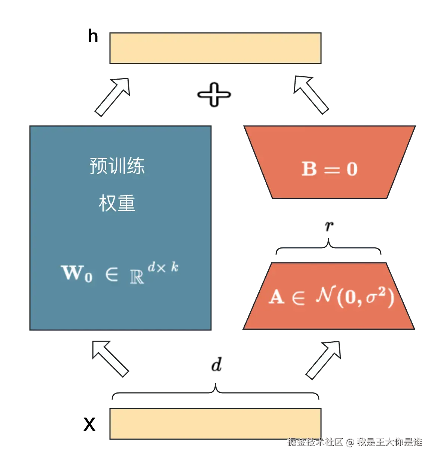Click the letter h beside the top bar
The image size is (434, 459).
(x=93, y=36)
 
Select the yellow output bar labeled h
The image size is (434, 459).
(x=216, y=48)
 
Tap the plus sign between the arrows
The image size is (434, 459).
(x=214, y=95)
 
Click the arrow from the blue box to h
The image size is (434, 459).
(x=113, y=97)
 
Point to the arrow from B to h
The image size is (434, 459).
(x=311, y=95)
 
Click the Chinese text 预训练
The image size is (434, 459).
(x=117, y=166)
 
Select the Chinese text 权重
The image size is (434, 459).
(x=117, y=203)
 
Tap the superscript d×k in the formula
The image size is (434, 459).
(x=163, y=267)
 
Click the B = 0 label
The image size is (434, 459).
(x=330, y=169)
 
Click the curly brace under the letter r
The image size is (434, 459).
(x=328, y=247)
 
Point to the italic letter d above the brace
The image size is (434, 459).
(x=217, y=364)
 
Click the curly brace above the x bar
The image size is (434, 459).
(x=216, y=392)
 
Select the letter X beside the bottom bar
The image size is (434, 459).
(x=89, y=424)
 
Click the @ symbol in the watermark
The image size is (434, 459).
(x=350, y=442)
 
